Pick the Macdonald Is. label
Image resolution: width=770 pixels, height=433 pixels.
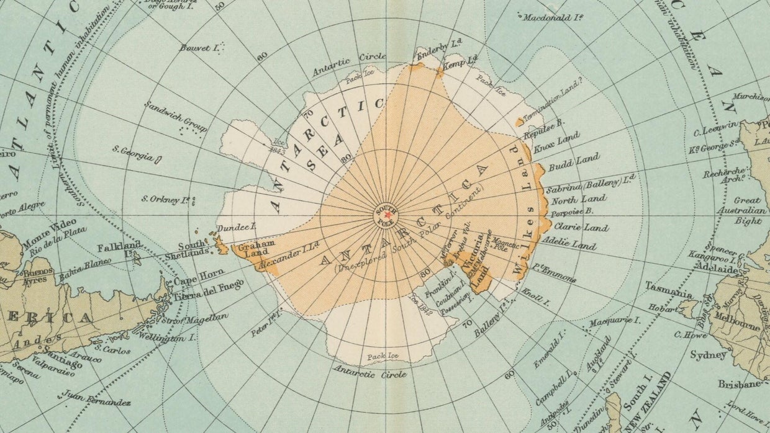(552, 17)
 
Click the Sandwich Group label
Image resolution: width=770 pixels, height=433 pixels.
(176, 115)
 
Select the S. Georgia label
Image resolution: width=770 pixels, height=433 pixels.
(133, 153)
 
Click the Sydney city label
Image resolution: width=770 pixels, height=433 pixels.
(708, 355)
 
